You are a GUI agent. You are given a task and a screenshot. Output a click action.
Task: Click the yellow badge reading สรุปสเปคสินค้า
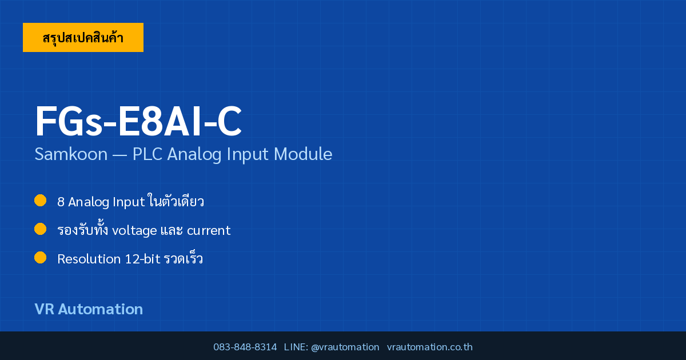tap(83, 37)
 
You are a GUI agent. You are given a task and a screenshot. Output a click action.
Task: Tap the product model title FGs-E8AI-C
tap(138, 121)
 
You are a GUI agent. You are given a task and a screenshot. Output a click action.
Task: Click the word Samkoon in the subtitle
tap(71, 154)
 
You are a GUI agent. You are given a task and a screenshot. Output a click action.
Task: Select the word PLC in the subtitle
tap(147, 154)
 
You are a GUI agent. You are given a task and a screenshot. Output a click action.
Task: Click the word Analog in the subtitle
tap(194, 154)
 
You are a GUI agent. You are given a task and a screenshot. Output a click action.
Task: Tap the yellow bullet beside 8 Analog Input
tap(40, 201)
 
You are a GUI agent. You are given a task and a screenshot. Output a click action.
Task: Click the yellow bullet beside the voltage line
tap(40, 229)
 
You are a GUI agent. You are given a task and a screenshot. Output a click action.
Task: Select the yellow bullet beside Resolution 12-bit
tap(40, 258)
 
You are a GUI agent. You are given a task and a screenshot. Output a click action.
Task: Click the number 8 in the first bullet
tap(61, 202)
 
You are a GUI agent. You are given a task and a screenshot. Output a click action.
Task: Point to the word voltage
tap(134, 230)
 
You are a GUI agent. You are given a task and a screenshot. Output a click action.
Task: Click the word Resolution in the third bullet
tap(89, 259)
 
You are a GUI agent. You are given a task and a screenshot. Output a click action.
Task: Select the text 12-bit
tap(143, 259)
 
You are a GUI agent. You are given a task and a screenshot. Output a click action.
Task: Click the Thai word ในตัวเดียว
tap(176, 201)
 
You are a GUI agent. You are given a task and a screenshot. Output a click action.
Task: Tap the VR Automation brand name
tap(89, 309)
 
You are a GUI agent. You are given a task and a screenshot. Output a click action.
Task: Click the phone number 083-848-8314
tap(245, 347)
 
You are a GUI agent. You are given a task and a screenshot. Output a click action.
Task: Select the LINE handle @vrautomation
tap(345, 347)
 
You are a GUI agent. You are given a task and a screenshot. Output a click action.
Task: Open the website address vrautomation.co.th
tap(430, 347)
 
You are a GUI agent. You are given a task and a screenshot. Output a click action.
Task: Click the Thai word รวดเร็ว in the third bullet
tap(184, 258)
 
